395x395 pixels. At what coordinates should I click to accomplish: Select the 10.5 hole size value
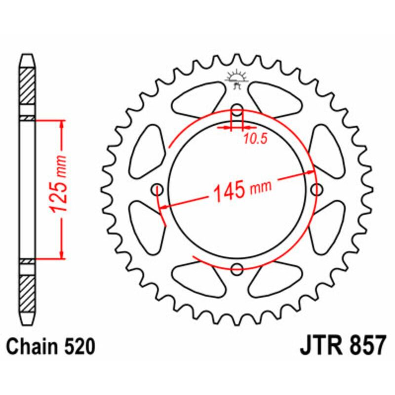pyautogui.click(x=255, y=140)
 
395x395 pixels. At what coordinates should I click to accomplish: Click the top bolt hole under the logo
pyautogui.click(x=237, y=110)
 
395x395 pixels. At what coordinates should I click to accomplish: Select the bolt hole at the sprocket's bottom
pyautogui.click(x=237, y=269)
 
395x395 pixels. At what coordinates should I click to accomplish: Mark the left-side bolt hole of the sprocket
pyautogui.click(x=158, y=189)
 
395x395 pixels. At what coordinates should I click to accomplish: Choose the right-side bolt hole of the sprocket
pyautogui.click(x=316, y=189)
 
